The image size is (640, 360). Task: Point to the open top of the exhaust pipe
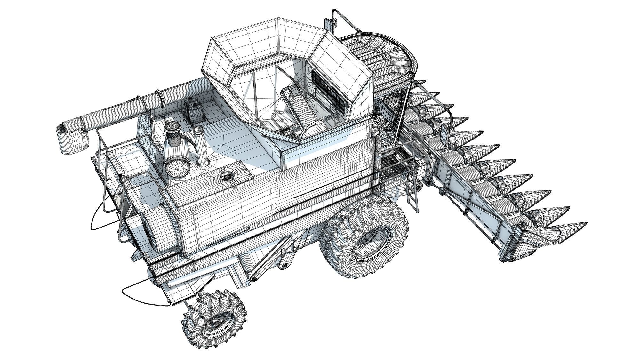coord(198,129)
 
